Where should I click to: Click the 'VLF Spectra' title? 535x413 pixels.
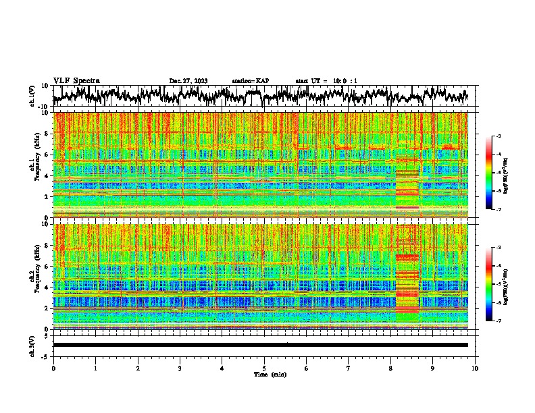pyautogui.click(x=76, y=80)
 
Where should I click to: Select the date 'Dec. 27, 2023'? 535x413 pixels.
pyautogui.click(x=188, y=81)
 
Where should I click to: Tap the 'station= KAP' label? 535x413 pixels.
pyautogui.click(x=251, y=81)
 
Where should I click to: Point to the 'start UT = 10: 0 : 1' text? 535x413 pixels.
pyautogui.click(x=326, y=81)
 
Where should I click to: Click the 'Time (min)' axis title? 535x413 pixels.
pyautogui.click(x=270, y=374)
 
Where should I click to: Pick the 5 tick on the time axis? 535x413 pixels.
pyautogui.click(x=264, y=368)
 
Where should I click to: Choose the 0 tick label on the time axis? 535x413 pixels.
pyautogui.click(x=53, y=368)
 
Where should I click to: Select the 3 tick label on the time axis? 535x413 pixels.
pyautogui.click(x=180, y=368)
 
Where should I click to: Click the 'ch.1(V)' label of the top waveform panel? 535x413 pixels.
pyautogui.click(x=33, y=96)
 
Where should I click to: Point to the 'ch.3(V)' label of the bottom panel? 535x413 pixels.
pyautogui.click(x=33, y=345)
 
